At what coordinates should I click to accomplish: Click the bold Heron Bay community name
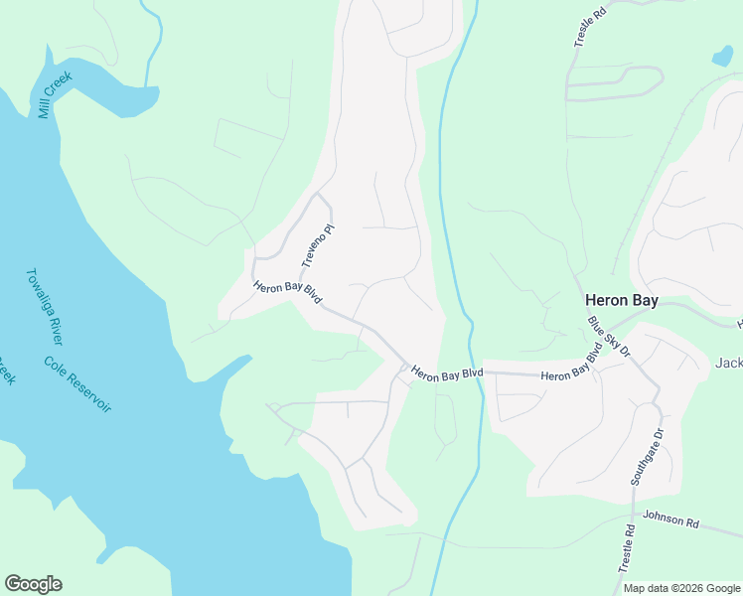[x=621, y=300]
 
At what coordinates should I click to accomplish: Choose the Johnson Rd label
[x=671, y=519]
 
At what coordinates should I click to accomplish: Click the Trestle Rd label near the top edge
[x=590, y=29]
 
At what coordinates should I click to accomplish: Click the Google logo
[x=33, y=584]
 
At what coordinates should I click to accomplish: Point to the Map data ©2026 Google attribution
[x=680, y=588]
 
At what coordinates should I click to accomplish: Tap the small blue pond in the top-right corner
[x=722, y=56]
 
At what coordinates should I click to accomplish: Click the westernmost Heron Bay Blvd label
[x=287, y=293]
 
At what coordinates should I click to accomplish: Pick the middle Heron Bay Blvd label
[x=447, y=373]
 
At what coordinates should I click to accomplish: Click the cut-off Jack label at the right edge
[x=728, y=363]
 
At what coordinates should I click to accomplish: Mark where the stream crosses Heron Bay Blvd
[x=481, y=372]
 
